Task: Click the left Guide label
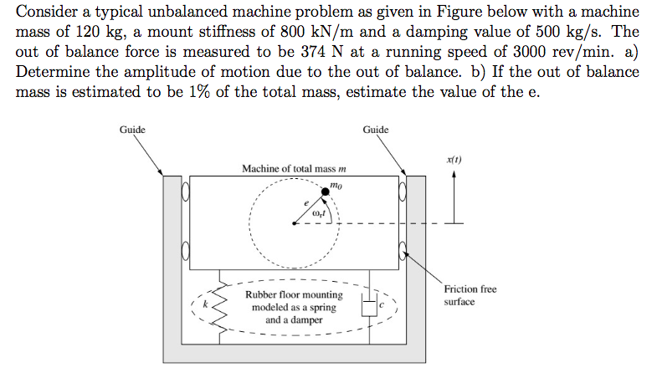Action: pos(132,130)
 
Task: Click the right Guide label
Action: pos(376,130)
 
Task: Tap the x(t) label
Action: pos(454,159)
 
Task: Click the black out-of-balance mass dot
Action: pos(326,192)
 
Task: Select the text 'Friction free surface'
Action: pos(470,295)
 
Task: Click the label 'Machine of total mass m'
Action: pos(293,169)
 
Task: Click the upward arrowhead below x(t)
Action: pos(454,175)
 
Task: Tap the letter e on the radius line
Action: pos(306,203)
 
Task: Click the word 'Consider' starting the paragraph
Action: pos(47,13)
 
